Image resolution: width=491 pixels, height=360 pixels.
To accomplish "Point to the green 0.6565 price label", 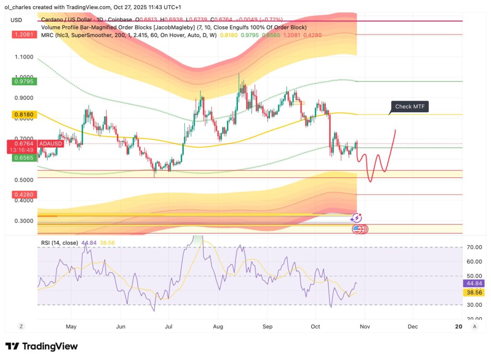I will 23,157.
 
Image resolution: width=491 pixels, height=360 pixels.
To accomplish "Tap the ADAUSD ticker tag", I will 51,143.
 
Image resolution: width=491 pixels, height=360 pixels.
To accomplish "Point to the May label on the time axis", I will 71,326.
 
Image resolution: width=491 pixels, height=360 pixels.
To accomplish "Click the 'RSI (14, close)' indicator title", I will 58,243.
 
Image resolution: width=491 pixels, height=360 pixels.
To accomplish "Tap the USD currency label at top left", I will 16,20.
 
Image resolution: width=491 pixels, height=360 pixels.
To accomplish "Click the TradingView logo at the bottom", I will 42,346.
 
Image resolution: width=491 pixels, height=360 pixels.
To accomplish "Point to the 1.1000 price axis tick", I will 24,57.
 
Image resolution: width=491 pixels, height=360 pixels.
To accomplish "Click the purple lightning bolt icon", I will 356,218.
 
